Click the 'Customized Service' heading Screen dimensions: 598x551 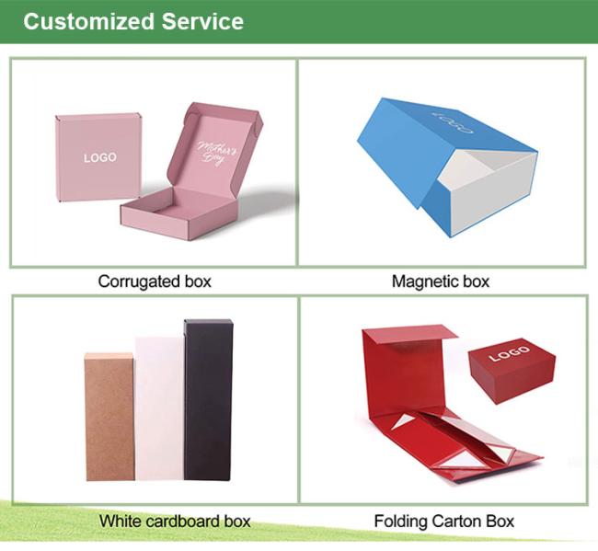[133, 21]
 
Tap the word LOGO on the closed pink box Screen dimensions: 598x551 [100, 157]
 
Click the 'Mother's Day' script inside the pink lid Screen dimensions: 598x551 [216, 153]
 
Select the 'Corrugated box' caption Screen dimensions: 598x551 [155, 281]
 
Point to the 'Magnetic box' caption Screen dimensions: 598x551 [441, 281]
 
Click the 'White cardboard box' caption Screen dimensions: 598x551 [175, 521]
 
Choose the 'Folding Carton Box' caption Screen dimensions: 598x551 [444, 521]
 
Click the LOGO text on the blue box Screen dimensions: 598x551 [453, 122]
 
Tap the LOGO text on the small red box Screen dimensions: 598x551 [510, 353]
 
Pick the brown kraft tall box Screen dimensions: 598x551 [109, 417]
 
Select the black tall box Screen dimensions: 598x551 [208, 399]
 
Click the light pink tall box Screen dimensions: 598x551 [160, 408]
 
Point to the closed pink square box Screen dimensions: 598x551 [98, 157]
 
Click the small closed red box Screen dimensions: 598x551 [512, 369]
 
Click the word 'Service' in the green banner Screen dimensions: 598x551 [202, 21]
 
